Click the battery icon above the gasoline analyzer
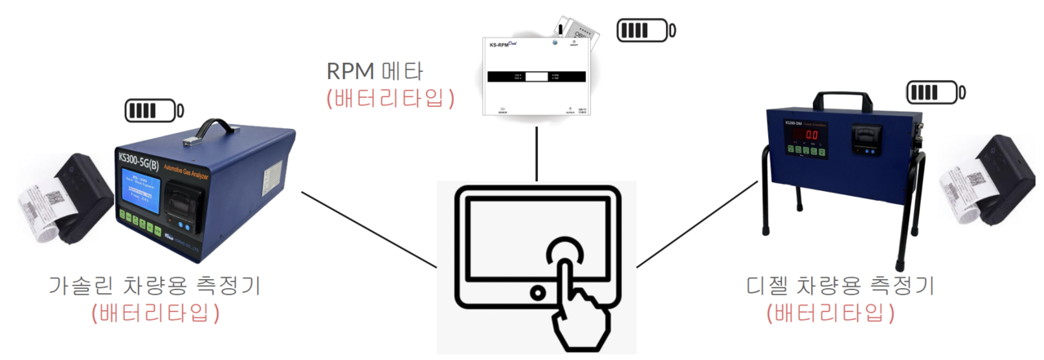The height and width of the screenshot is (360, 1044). (x=153, y=109)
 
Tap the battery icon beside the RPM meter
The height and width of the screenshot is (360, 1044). (x=646, y=32)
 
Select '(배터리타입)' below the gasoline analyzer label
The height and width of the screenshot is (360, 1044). (x=157, y=312)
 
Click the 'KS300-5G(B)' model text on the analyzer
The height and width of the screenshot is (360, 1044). (x=150, y=155)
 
